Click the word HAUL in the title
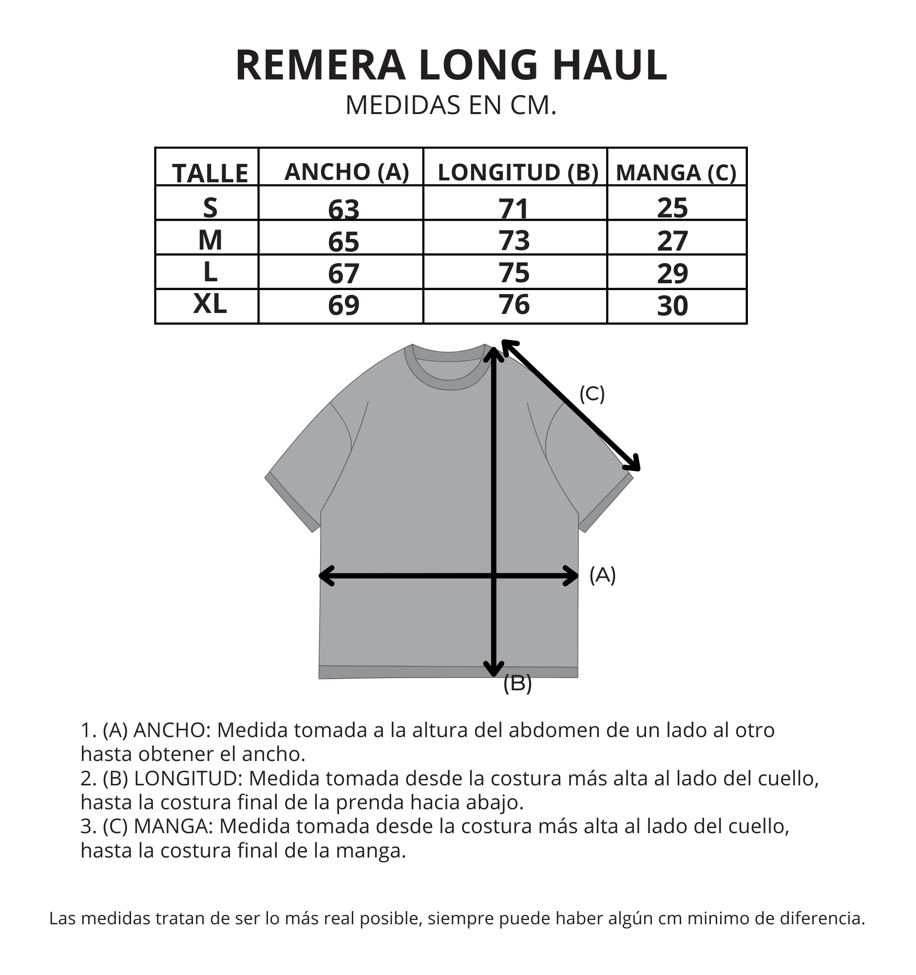click(610, 65)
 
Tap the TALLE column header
click(210, 173)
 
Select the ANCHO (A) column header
click(346, 172)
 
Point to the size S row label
click(210, 208)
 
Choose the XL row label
click(210, 304)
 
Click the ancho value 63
click(343, 209)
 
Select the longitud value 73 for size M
click(514, 240)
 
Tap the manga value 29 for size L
click(672, 273)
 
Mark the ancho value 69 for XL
click(343, 305)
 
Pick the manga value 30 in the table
click(672, 306)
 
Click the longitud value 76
click(514, 305)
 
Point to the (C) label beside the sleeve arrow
click(592, 394)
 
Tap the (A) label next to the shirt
click(602, 575)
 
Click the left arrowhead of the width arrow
click(326, 576)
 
